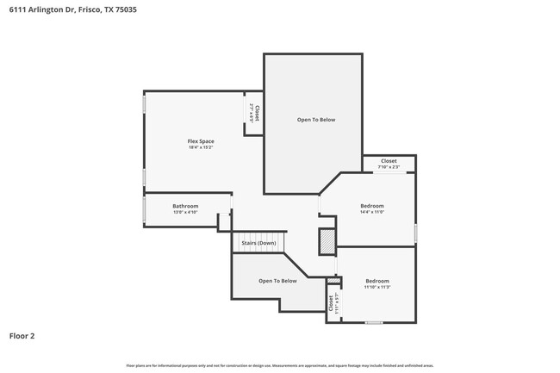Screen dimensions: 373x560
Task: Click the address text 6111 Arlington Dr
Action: (x=43, y=9)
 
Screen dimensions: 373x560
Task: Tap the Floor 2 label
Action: (x=22, y=335)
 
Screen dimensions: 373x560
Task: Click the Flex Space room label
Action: (x=201, y=141)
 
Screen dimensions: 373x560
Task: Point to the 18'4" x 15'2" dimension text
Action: (x=201, y=148)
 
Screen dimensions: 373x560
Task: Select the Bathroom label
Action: (x=185, y=206)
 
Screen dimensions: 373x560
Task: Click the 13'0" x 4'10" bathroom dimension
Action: (x=185, y=212)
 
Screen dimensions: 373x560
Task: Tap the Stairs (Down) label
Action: (x=258, y=243)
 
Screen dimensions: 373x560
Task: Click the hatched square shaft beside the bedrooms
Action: (x=327, y=242)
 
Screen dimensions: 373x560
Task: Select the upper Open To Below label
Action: (x=316, y=120)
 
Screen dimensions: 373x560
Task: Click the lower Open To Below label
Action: (x=277, y=281)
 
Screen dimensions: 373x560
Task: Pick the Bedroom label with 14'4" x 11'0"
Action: (x=371, y=206)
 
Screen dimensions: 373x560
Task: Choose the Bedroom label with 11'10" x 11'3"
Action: (x=377, y=281)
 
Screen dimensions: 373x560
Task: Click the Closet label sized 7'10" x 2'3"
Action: (x=389, y=161)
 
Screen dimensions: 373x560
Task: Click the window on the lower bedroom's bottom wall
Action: (x=373, y=322)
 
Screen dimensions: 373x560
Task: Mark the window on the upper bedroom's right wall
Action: (x=416, y=233)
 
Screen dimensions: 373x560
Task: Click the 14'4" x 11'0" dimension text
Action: (x=371, y=212)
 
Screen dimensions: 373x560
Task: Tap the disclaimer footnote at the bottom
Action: (x=279, y=365)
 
